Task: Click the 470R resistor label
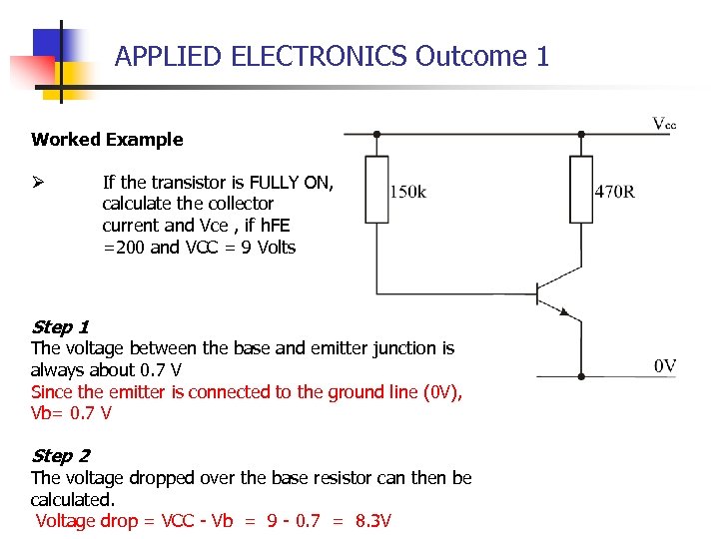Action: tap(614, 191)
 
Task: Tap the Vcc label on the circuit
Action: tap(664, 124)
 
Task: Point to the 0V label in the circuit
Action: tap(665, 366)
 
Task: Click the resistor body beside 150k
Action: tap(376, 189)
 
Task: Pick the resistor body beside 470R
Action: tap(580, 189)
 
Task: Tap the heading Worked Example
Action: tap(107, 140)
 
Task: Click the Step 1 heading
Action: tap(60, 327)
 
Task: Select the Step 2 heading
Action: tap(60, 456)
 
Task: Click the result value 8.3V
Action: tap(372, 521)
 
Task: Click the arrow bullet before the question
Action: tap(38, 182)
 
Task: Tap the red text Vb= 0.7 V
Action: tap(71, 413)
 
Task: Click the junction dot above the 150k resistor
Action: tap(376, 134)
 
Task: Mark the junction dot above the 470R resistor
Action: tap(580, 134)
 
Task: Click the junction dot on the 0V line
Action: tap(580, 376)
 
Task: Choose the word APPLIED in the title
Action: tap(168, 57)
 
